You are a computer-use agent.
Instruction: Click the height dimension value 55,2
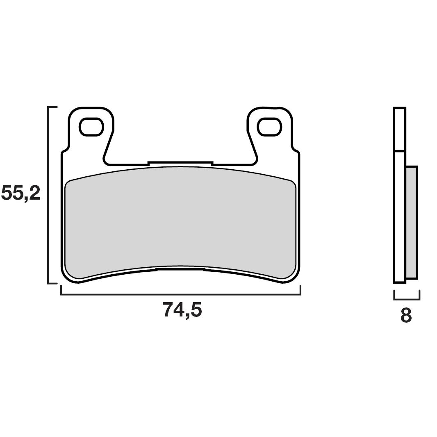point(21,193)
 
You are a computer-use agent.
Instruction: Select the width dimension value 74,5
point(182,310)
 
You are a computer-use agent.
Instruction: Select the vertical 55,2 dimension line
point(49,195)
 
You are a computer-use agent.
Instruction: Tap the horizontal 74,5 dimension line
point(180,294)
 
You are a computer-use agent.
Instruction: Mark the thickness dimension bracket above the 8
point(407,298)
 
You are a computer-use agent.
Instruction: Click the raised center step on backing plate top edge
point(180,163)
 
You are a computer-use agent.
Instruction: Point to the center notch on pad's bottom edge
point(180,269)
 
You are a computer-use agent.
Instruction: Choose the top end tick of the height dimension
point(53,107)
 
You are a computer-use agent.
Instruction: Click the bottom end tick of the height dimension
point(53,283)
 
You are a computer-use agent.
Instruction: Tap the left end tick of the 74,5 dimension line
point(61,290)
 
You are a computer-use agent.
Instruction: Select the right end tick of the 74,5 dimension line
point(300,290)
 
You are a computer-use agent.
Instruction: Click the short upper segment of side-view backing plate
point(399,129)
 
